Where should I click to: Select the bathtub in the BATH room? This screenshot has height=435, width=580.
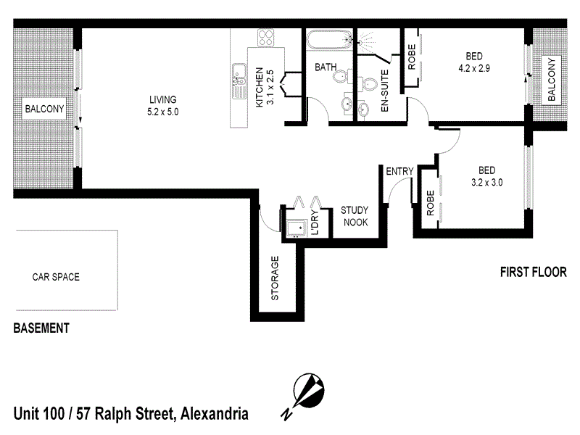pos(328,41)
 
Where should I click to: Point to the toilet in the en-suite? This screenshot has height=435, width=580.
pos(370,88)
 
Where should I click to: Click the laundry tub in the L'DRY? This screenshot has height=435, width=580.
pos(294,228)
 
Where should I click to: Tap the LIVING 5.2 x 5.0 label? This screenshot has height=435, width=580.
pos(163,106)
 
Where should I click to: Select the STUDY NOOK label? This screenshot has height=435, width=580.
pos(355,216)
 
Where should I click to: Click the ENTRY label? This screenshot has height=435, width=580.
pos(399,172)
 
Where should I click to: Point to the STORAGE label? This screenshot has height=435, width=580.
pos(275,278)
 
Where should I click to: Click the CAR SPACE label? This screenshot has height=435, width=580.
pos(56,277)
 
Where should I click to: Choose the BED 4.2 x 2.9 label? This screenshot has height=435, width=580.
pos(474,63)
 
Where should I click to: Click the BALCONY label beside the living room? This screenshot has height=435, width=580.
pos(45,109)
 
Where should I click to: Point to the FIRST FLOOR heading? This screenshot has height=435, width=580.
pos(533,273)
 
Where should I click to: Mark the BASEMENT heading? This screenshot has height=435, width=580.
pos(41,328)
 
